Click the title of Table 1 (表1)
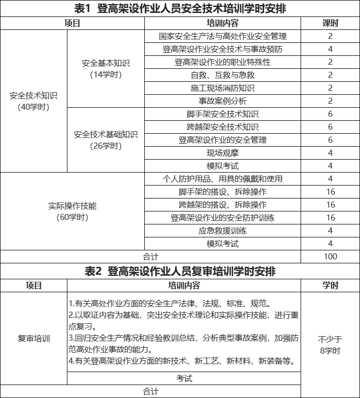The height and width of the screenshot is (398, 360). point(180,8)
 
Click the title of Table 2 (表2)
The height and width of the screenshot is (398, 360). point(180,271)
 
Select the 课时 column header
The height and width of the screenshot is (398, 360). point(330,23)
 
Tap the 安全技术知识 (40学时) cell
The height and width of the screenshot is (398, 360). point(33,101)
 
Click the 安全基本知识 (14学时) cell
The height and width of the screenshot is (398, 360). point(105,68)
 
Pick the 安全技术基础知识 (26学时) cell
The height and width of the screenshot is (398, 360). point(105,140)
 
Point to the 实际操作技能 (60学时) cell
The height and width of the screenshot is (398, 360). point(72,211)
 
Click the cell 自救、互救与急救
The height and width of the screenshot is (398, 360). point(222,75)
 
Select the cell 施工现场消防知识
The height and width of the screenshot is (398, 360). point(222,88)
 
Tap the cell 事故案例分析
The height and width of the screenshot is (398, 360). point(222,101)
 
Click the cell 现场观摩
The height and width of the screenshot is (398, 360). point(222,153)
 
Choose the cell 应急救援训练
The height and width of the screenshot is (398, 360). point(222,231)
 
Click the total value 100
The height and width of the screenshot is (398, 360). point(330,257)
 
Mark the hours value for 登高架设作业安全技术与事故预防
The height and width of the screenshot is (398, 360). point(330,49)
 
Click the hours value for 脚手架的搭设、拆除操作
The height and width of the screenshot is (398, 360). point(330,192)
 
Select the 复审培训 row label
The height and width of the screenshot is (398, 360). point(33,339)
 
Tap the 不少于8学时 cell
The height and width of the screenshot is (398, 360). point(330,345)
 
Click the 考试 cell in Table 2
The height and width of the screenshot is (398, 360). point(184,379)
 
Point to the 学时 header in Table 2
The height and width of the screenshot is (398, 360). point(330,286)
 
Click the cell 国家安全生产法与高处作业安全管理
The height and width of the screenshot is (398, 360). point(222,36)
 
